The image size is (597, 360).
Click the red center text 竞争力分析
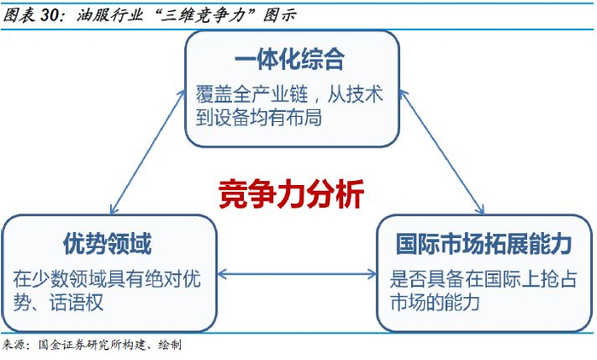click(x=292, y=195)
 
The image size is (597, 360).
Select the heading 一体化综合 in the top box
click(x=290, y=60)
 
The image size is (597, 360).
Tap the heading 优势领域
click(x=107, y=244)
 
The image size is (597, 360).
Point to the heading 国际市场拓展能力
click(x=484, y=244)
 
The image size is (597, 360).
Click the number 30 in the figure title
click(x=49, y=15)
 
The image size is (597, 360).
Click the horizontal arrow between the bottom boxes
click(x=297, y=274)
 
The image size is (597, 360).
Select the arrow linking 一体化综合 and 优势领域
click(x=148, y=152)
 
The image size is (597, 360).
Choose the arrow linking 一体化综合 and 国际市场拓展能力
click(x=442, y=152)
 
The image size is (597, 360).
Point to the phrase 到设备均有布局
click(x=259, y=118)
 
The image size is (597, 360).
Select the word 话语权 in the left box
click(x=76, y=303)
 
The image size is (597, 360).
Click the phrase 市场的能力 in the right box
click(x=435, y=302)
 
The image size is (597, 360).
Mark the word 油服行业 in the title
click(x=110, y=15)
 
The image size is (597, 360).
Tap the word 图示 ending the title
click(x=280, y=15)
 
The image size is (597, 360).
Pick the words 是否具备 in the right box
click(x=426, y=279)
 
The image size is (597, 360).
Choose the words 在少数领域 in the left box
click(x=59, y=279)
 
